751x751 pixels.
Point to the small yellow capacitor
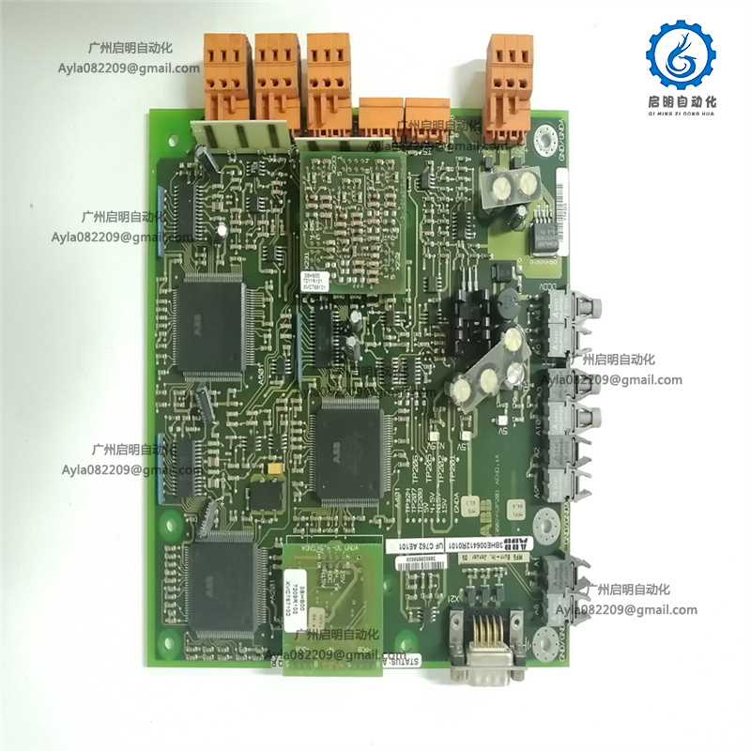(272, 468)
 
